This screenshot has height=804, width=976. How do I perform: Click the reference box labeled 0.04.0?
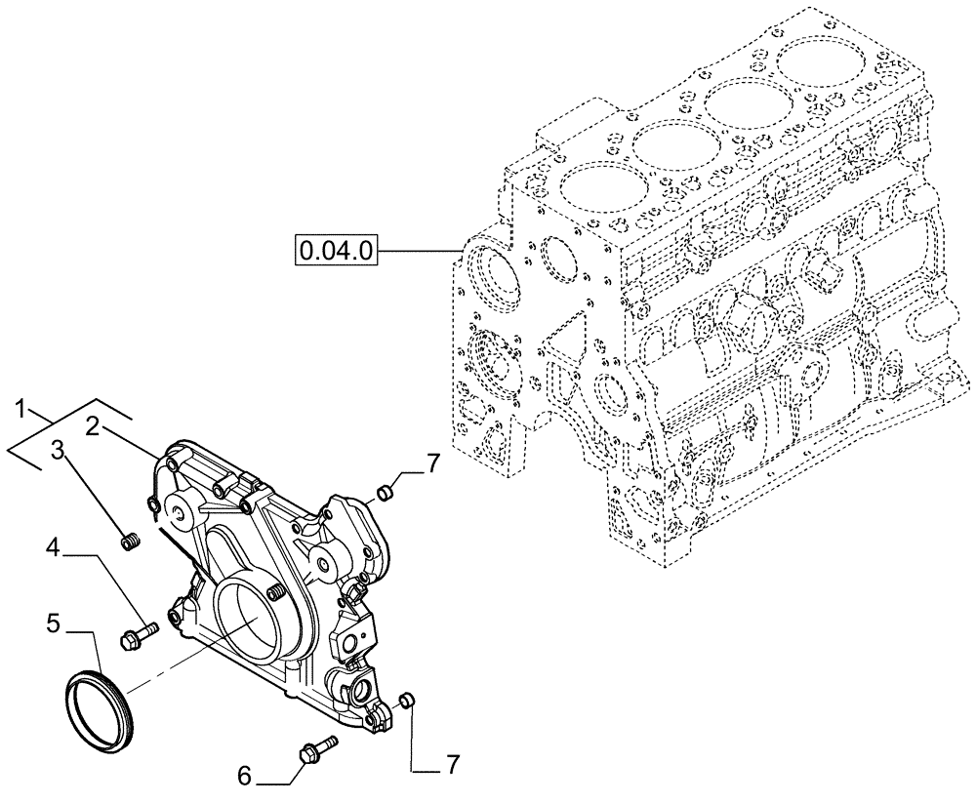click(336, 250)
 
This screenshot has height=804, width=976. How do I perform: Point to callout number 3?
click(58, 450)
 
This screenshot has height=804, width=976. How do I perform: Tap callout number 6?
click(244, 776)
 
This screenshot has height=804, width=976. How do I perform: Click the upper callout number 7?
click(432, 462)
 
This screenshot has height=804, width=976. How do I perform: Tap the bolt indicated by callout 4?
click(136, 635)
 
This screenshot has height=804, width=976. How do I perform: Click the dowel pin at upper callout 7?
click(386, 490)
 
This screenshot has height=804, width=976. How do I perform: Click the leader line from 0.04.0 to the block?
click(419, 251)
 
